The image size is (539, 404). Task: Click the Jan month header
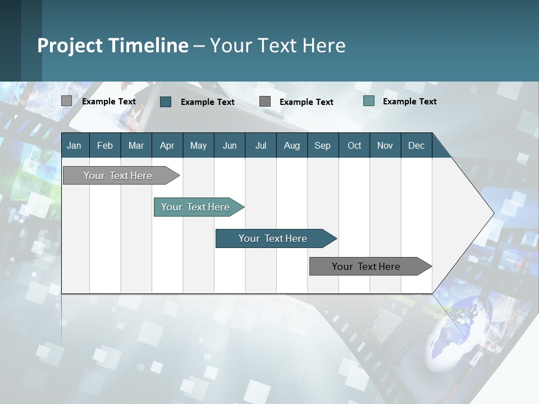click(74, 145)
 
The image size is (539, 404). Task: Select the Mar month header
click(136, 145)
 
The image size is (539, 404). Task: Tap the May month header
click(198, 145)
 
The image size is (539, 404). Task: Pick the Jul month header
click(261, 145)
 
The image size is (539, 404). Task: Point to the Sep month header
click(322, 145)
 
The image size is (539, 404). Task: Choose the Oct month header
click(354, 145)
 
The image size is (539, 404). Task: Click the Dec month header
click(416, 145)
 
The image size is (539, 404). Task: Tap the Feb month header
click(105, 145)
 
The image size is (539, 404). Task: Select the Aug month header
click(291, 145)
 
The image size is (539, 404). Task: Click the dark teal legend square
click(166, 102)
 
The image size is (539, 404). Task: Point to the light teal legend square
click(369, 101)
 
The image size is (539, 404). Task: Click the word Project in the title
click(70, 45)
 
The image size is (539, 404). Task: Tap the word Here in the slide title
click(324, 45)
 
